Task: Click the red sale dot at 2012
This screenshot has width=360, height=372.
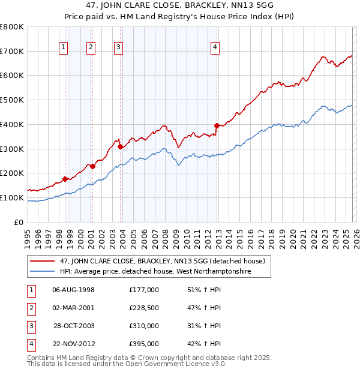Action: [x=217, y=125]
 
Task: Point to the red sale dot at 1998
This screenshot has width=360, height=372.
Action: [x=65, y=179]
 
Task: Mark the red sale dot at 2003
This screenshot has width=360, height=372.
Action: [x=121, y=146]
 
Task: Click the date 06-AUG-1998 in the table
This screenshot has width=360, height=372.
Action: [x=74, y=290]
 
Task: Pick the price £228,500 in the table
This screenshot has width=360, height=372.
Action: [x=144, y=308]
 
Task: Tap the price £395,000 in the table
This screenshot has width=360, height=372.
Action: [x=144, y=344]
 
